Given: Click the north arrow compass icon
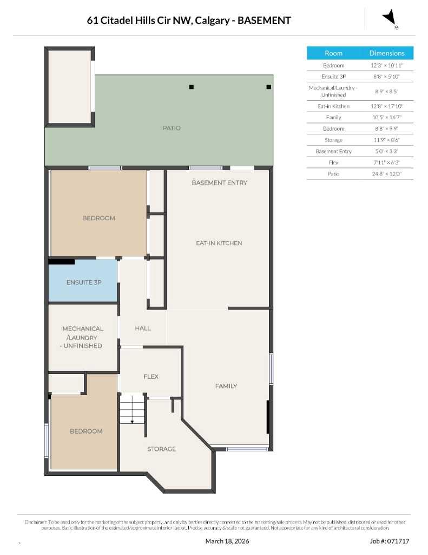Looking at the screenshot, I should (x=390, y=19).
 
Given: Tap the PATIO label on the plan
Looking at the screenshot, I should (x=172, y=128).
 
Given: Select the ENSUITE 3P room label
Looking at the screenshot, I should (x=84, y=282).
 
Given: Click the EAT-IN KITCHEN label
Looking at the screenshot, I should (x=219, y=243).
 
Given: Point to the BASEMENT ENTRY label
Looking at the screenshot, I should (x=219, y=183).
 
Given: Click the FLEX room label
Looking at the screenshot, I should (x=151, y=376).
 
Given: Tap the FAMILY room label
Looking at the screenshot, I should (x=226, y=386).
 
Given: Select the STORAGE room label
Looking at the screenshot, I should (x=161, y=449).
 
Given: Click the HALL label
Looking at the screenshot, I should (x=143, y=328).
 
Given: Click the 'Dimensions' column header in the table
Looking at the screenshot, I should (x=386, y=53).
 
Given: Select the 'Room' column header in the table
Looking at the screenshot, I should (x=333, y=53).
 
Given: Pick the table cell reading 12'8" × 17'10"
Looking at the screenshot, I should (x=386, y=106).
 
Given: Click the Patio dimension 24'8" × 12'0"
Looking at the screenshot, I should (x=386, y=174).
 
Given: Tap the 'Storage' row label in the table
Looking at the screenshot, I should (x=333, y=140).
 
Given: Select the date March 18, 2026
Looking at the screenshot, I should (x=227, y=541).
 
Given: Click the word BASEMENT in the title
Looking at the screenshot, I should (x=265, y=21).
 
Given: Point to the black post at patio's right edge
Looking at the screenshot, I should (x=268, y=87).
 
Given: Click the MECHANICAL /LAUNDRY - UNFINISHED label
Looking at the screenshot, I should (x=82, y=337).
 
